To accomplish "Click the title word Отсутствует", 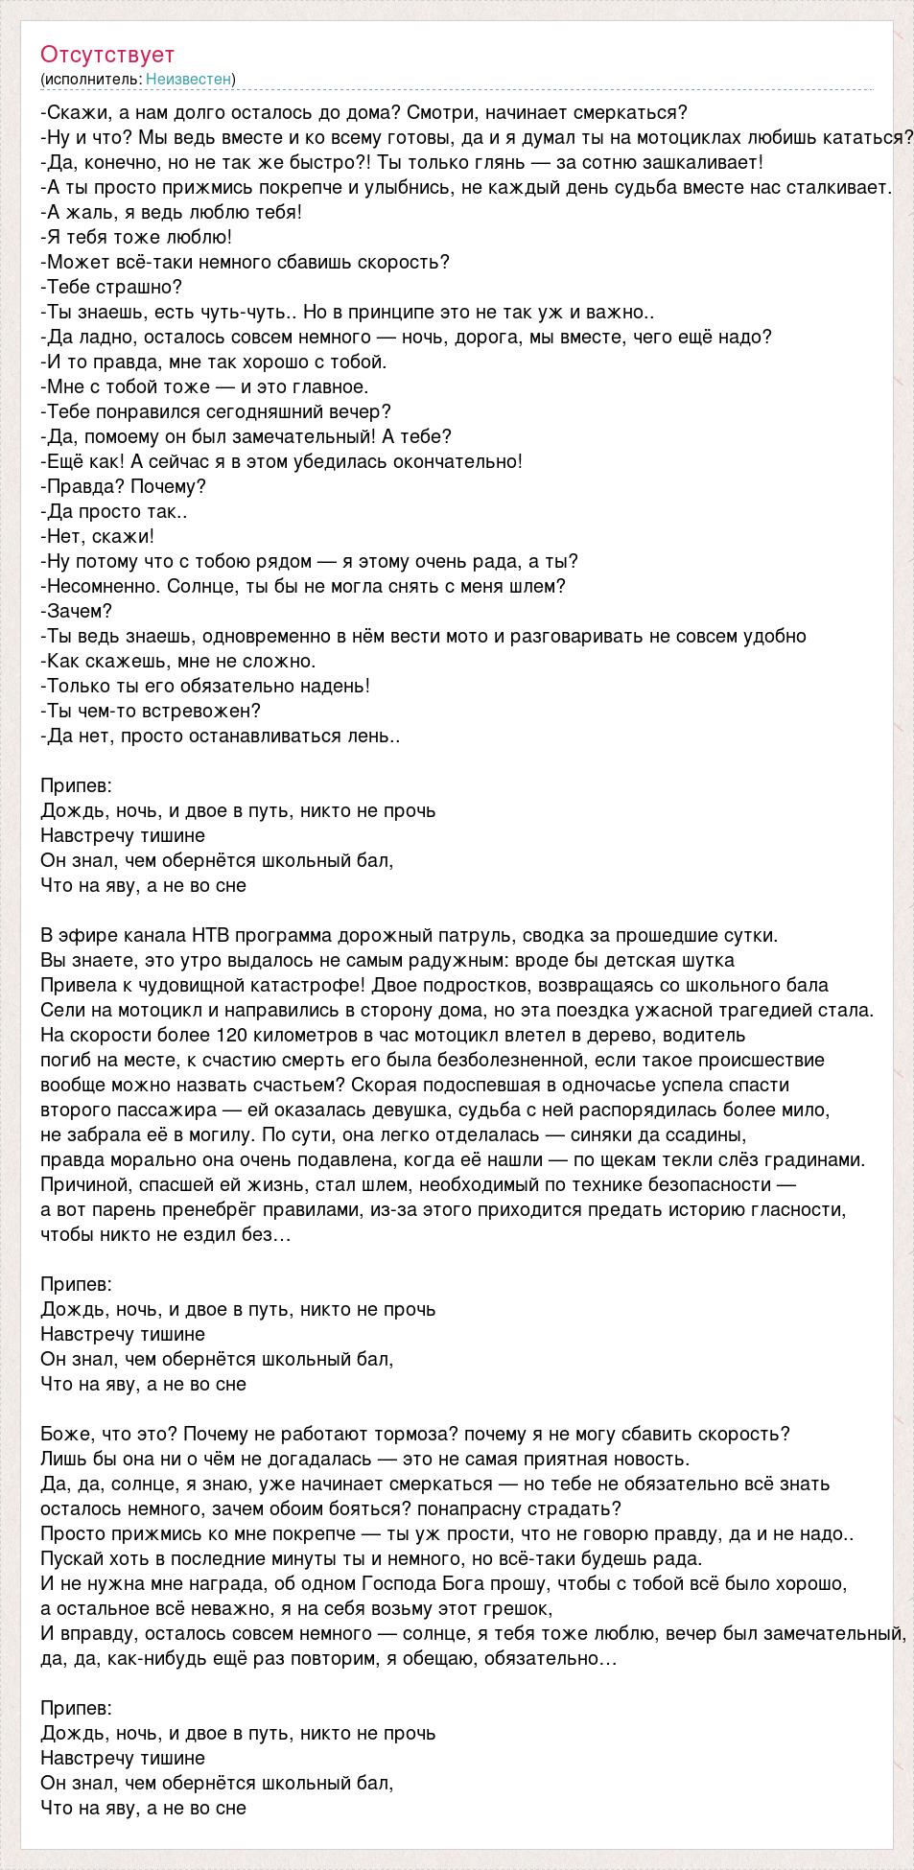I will [x=107, y=55].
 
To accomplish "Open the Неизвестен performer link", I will [x=189, y=79].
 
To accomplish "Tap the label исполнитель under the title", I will [x=91, y=79].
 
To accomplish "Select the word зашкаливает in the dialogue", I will [x=711, y=162].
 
